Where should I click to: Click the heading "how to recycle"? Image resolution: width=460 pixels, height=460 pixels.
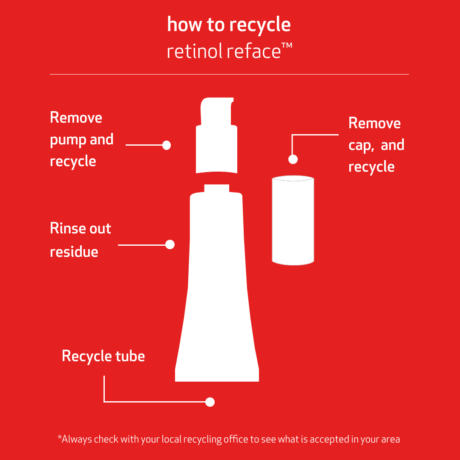(x=229, y=25)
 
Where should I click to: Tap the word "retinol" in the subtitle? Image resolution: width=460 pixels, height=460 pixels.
(x=194, y=52)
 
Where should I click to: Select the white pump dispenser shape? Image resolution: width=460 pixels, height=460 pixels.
(x=216, y=149)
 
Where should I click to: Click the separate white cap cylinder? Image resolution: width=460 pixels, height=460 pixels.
(x=293, y=220)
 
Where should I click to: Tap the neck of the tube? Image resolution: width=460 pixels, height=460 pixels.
(x=216, y=188)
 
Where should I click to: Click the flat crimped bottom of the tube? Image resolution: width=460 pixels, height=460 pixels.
(x=217, y=375)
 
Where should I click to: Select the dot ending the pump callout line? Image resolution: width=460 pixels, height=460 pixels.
(x=167, y=145)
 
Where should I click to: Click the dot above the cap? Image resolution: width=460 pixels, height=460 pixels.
(x=293, y=159)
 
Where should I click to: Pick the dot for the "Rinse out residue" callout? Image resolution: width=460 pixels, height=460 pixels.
(x=170, y=244)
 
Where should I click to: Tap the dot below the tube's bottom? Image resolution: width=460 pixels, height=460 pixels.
(x=210, y=402)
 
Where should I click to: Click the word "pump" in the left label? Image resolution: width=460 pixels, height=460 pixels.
(x=68, y=141)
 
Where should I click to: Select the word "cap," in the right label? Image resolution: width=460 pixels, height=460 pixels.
(x=361, y=146)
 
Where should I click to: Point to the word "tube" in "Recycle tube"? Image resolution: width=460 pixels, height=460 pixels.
(x=130, y=356)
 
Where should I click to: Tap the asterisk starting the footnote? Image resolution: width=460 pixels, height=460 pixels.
(x=60, y=437)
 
